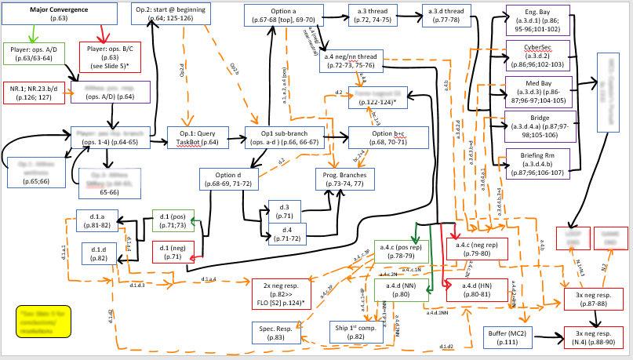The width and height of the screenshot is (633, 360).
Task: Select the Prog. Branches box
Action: [x=346, y=178]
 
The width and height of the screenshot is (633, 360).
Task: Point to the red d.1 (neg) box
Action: [x=173, y=252]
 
